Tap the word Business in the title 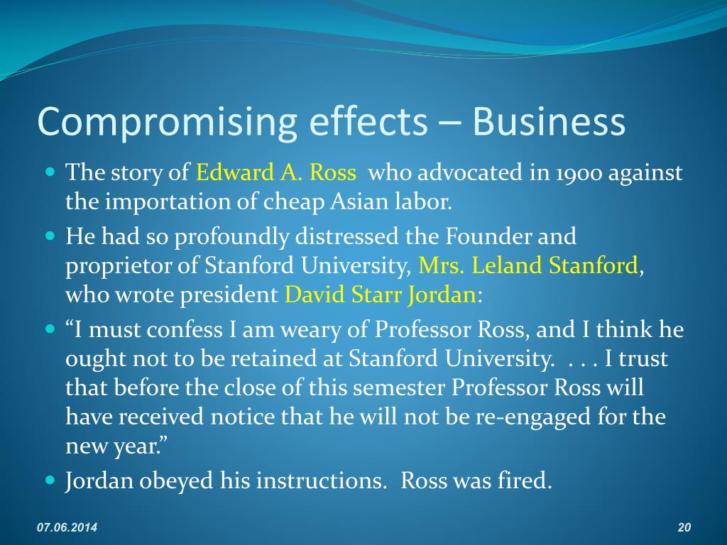(549, 121)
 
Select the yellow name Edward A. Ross (276, 172)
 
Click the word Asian (359, 203)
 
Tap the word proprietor (123, 265)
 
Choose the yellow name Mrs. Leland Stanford (528, 265)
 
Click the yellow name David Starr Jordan (380, 295)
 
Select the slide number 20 (684, 527)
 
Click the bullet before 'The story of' (50, 172)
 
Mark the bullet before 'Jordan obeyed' (50, 480)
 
